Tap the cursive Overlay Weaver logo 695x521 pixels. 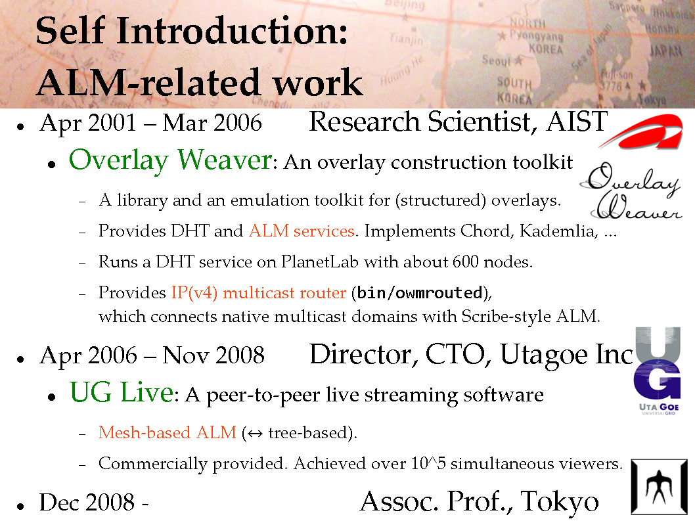click(630, 192)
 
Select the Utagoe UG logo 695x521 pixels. click(658, 371)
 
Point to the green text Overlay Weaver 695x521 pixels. click(171, 160)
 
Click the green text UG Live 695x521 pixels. click(122, 392)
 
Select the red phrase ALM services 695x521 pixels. click(302, 231)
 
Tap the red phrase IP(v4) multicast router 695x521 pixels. click(259, 292)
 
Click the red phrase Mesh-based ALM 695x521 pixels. click(168, 432)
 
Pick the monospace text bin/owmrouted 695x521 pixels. click(419, 292)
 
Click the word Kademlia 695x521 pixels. click(558, 231)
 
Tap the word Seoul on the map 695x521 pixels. click(497, 60)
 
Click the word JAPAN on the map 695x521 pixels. click(665, 51)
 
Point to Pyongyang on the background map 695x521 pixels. click(536, 35)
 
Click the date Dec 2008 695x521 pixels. click(87, 503)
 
